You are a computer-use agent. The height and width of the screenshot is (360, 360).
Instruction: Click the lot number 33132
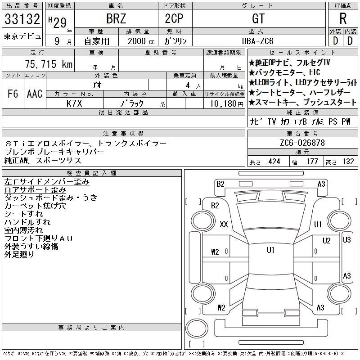pos(22,18)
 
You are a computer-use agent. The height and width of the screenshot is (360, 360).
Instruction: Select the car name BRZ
pos(116,18)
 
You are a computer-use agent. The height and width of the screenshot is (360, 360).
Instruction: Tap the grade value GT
pos(258,18)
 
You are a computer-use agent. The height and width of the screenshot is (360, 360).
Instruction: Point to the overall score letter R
pos(343,18)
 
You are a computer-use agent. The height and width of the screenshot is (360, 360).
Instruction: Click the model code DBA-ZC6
pos(257,41)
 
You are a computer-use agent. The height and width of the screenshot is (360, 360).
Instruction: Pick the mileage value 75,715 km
pos(49,64)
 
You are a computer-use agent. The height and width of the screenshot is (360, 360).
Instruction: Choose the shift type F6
pos(13,94)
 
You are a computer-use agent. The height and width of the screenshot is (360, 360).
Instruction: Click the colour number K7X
pos(74,103)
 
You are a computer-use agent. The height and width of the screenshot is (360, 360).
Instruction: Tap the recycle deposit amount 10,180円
pos(227,104)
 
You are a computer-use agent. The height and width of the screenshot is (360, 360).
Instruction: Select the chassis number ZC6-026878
pos(302,143)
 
